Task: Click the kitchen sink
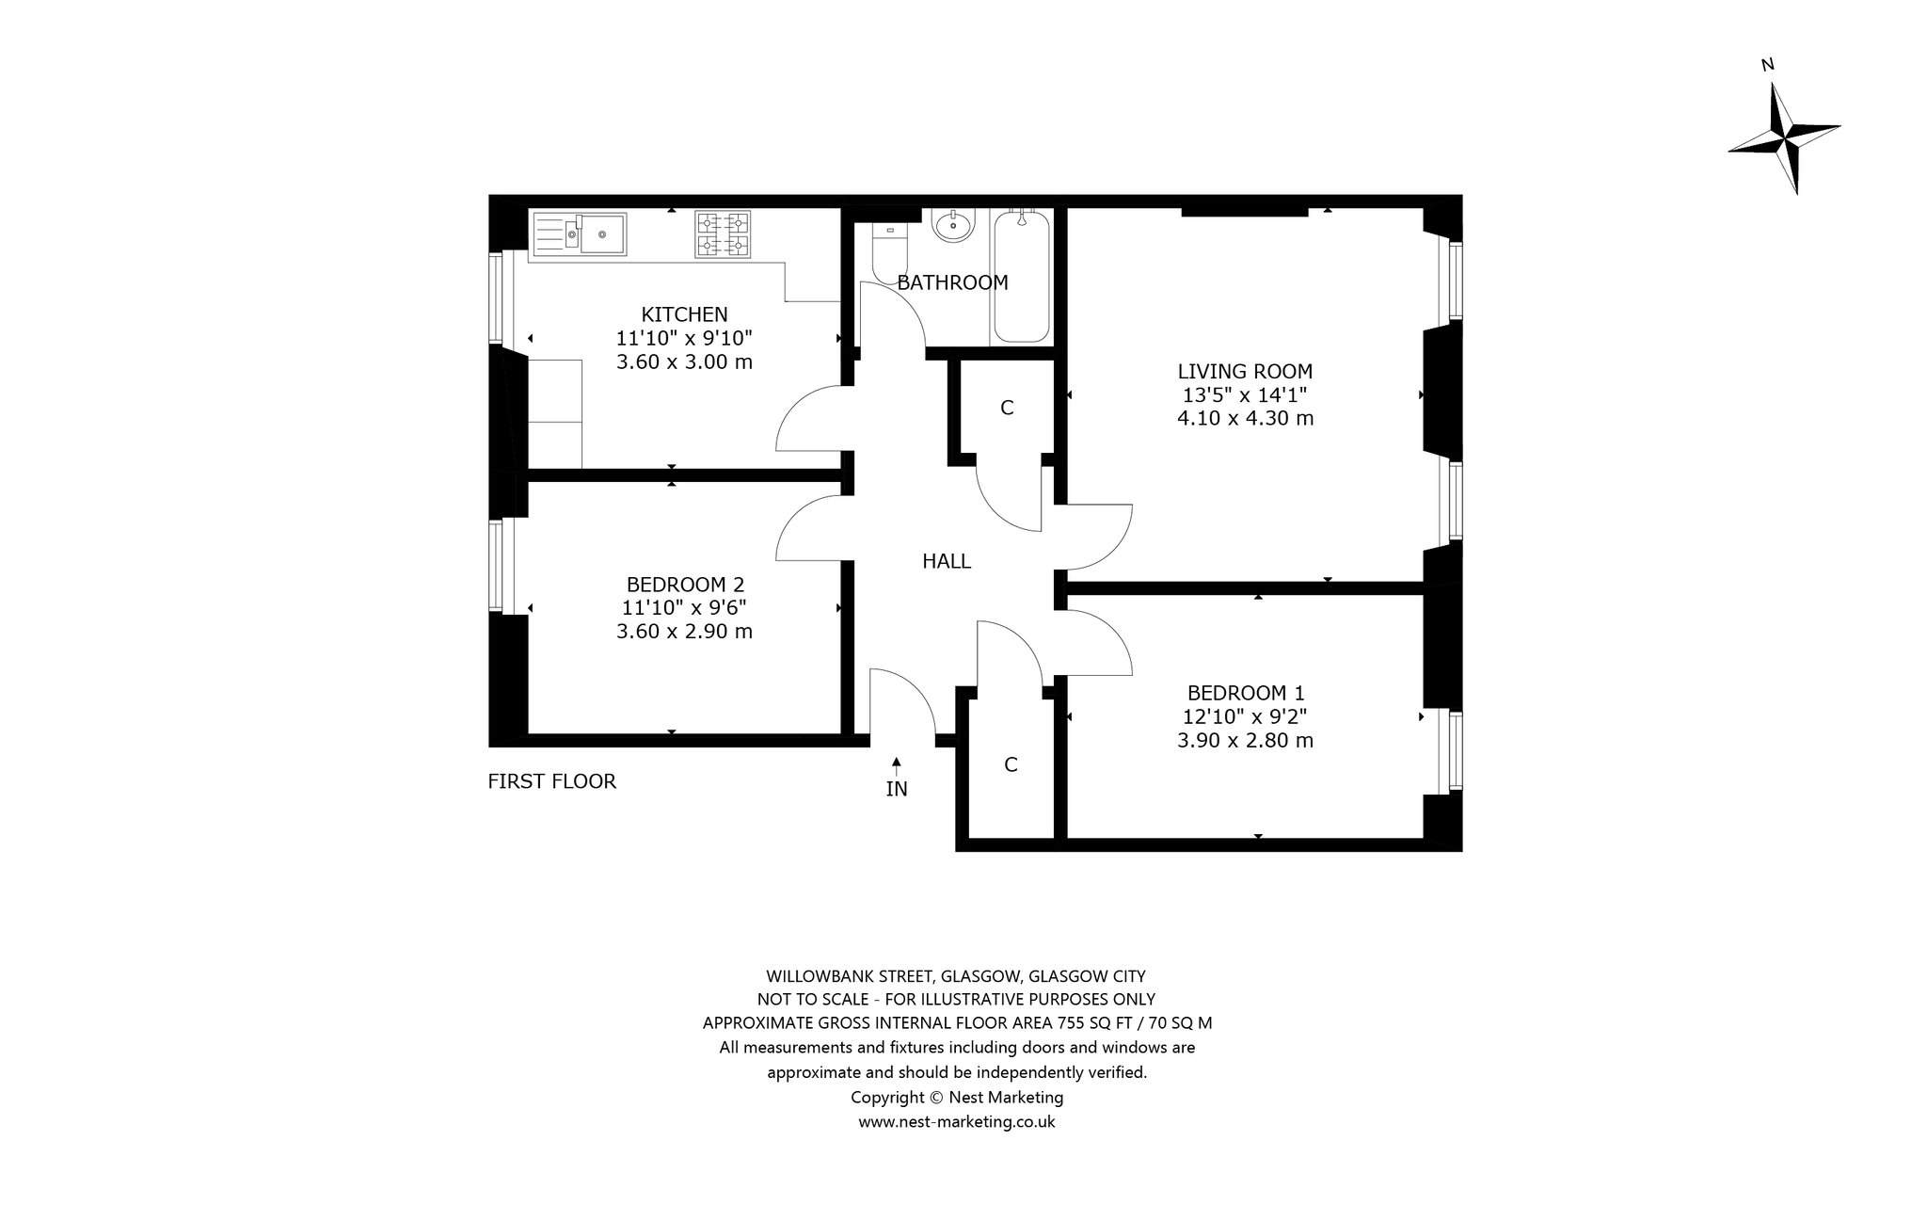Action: [x=580, y=234]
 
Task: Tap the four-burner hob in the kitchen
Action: [x=724, y=234]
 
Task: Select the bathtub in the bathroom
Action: [x=1022, y=276]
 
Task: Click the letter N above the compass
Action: [x=1768, y=65]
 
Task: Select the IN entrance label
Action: [x=897, y=789]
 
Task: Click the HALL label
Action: [x=947, y=561]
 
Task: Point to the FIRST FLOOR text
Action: [x=552, y=781]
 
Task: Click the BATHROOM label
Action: [x=952, y=282]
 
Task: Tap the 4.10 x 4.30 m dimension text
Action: [x=1246, y=418]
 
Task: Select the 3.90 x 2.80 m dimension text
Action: [x=1246, y=741]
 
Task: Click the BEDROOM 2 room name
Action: [x=685, y=585]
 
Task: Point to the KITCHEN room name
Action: [x=685, y=314]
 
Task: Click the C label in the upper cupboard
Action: [x=1007, y=408]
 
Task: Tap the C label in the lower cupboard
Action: [x=1011, y=764]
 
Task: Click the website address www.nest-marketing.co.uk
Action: [x=957, y=1122]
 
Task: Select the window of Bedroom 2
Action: [x=495, y=567]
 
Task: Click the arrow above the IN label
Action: [x=897, y=766]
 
